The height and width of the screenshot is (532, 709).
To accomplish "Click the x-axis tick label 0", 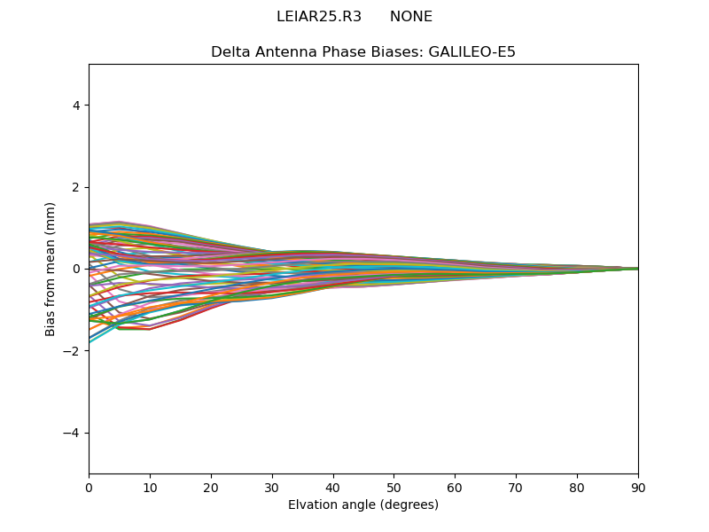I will [x=89, y=487].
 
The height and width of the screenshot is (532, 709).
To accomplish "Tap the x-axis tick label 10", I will [x=150, y=487].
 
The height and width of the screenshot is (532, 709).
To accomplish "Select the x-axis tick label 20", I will [x=211, y=487].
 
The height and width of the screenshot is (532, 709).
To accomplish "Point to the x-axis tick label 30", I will [x=272, y=487].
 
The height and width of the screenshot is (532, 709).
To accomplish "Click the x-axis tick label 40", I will [x=333, y=487].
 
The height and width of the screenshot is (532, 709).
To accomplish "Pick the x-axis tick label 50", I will [x=393, y=487].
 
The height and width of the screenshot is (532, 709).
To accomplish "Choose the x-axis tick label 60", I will [x=455, y=487].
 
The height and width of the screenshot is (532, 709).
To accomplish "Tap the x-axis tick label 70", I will [x=516, y=487].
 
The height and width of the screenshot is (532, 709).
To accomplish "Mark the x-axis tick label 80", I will [x=577, y=487].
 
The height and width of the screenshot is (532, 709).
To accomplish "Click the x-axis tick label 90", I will [x=638, y=487].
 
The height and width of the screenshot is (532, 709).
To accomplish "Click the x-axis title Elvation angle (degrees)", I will [x=363, y=505].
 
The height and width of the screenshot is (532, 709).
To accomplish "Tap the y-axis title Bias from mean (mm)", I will [x=51, y=269].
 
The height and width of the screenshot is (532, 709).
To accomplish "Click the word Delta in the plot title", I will [x=230, y=52].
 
